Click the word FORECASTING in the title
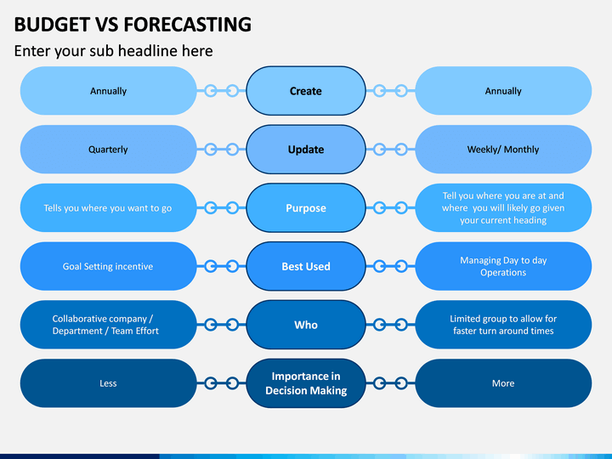coord(187,24)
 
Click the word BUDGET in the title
coord(52,24)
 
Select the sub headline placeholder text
coord(114,51)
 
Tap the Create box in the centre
coord(306,91)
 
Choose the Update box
coord(306,149)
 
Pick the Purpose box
coord(306,207)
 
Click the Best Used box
coord(306,266)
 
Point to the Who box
coord(306,325)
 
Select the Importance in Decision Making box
coord(306,383)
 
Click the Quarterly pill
coord(109,149)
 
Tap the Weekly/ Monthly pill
coord(503,149)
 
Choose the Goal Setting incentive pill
coord(109,266)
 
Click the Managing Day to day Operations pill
coord(503,266)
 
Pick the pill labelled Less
coord(109,383)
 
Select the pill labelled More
coord(503,383)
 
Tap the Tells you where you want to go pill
coord(109,207)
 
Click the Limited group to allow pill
coord(503,325)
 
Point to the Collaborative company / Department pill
coord(109,325)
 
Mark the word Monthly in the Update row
coord(521,150)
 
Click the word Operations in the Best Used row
coord(503,273)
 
